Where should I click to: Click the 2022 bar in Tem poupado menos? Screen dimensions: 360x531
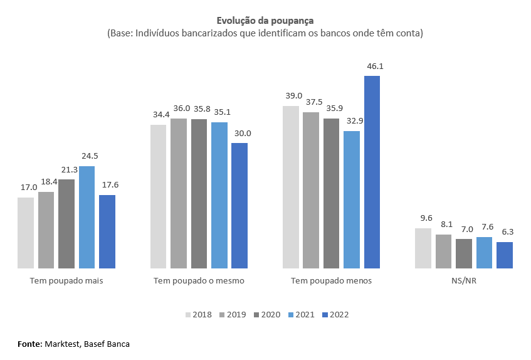(x=372, y=172)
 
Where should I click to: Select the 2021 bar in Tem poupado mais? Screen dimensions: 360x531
(x=87, y=217)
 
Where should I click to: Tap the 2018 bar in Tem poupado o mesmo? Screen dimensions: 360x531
(x=159, y=196)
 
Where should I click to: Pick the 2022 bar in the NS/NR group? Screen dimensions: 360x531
(x=505, y=255)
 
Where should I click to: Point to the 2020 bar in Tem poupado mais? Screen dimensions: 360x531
(x=66, y=224)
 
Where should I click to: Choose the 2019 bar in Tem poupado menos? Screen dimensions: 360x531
(x=311, y=190)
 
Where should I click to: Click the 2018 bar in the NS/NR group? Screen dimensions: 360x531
(x=423, y=248)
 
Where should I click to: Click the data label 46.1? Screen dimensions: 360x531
(x=372, y=66)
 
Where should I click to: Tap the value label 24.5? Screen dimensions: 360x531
(x=87, y=156)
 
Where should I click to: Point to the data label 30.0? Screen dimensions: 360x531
(x=239, y=133)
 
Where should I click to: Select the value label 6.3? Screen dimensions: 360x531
(x=505, y=232)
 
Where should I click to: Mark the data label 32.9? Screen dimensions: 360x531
(x=352, y=121)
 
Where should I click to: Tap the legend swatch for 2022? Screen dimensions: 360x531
(x=324, y=314)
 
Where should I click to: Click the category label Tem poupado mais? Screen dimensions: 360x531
(x=66, y=280)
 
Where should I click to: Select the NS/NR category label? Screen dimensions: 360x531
(x=464, y=280)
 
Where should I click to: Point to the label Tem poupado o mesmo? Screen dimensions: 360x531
(x=199, y=280)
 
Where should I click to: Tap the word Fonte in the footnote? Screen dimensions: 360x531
(x=29, y=344)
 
